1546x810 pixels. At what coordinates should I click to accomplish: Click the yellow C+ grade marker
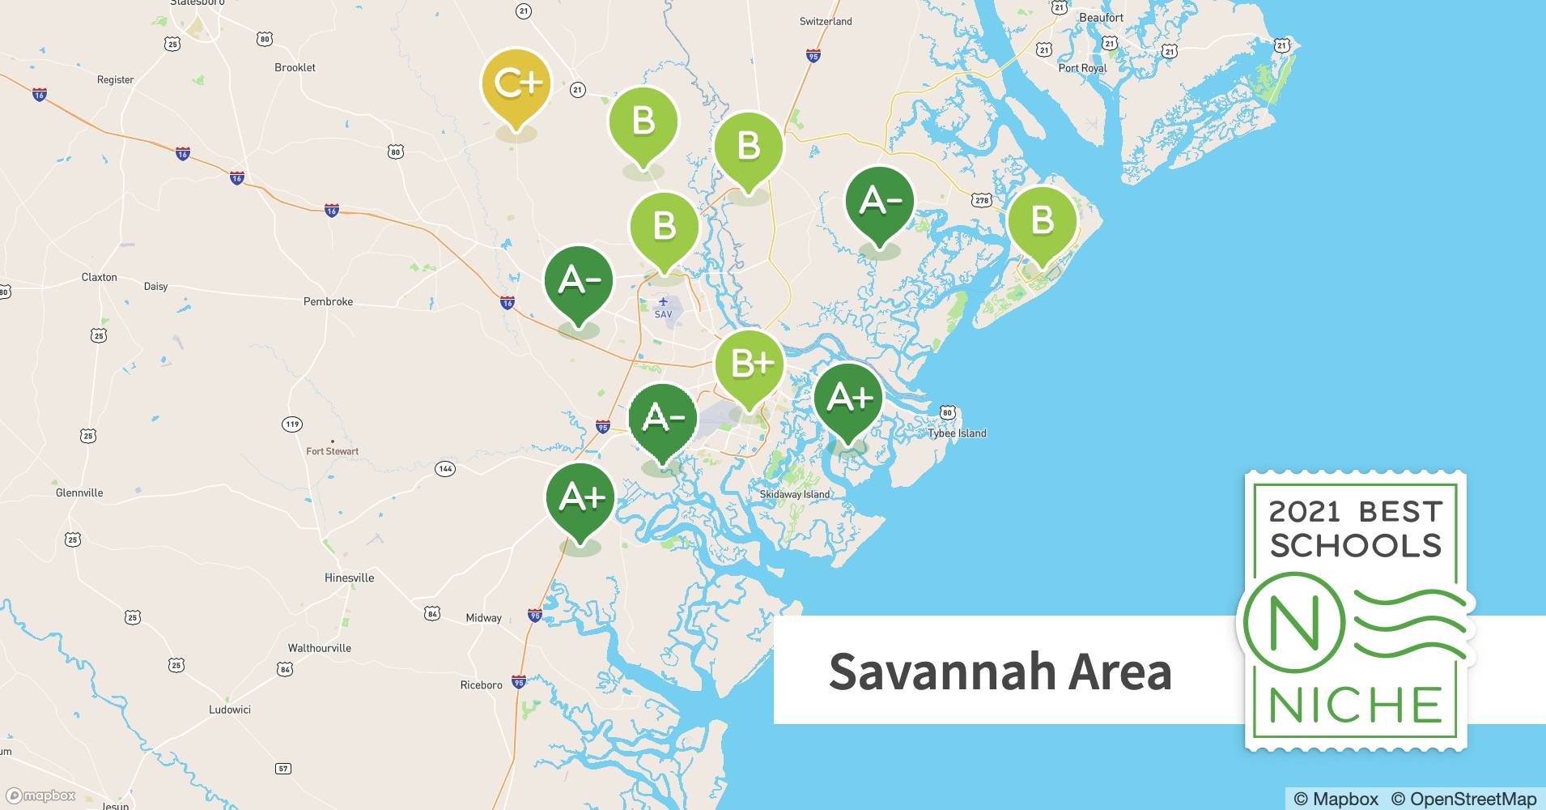pos(516,85)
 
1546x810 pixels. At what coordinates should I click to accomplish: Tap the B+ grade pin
pos(750,364)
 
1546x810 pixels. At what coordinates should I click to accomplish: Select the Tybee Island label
pos(957,433)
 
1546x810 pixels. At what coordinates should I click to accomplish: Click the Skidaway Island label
pos(794,494)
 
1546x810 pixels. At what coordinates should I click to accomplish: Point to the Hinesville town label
pos(349,578)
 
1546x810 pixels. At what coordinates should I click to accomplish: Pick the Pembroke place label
pos(328,301)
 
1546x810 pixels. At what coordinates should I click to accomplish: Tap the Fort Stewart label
pos(332,451)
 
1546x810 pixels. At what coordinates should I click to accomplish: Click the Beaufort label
pos(1101,17)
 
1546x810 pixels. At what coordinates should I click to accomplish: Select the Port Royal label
pos(1082,68)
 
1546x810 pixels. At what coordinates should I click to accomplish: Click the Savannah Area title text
pos(1000,671)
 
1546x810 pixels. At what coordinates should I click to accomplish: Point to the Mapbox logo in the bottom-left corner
pos(40,795)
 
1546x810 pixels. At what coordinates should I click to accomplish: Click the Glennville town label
pos(79,492)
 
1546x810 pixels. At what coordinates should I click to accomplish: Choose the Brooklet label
pos(295,67)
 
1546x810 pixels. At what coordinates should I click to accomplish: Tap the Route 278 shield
pos(982,200)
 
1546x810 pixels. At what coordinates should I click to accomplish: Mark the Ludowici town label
pos(230,710)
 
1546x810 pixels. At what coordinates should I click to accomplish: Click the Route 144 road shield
pos(444,468)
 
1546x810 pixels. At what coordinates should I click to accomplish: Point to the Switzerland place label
pos(826,21)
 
